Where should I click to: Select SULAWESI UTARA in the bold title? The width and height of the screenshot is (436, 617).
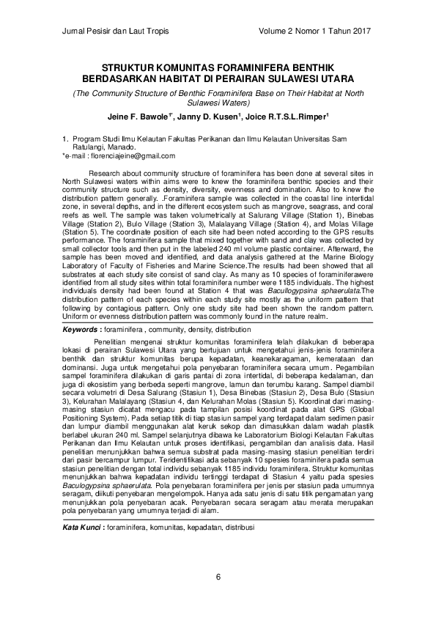[x=316, y=77]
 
